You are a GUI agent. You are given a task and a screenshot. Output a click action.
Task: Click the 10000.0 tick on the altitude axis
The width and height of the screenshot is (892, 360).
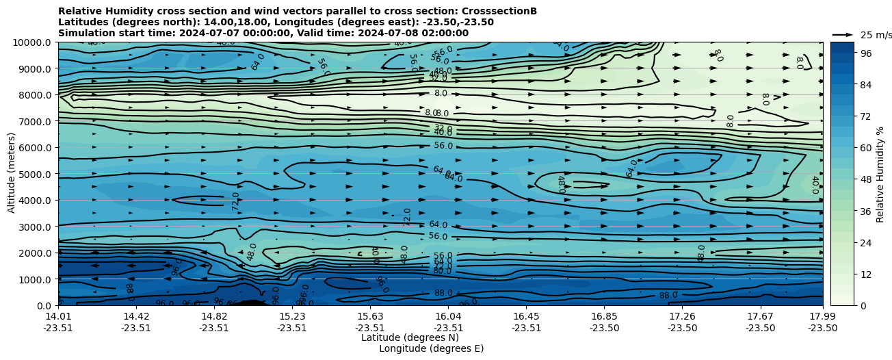click(34, 42)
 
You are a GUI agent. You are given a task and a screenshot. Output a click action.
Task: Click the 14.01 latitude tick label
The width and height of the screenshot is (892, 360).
click(58, 316)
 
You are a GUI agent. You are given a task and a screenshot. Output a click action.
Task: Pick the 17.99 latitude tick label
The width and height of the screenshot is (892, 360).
click(822, 316)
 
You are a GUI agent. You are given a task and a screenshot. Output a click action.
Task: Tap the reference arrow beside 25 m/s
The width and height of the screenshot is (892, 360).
click(843, 34)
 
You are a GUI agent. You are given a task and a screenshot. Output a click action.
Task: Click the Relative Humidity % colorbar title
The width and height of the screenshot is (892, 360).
click(880, 174)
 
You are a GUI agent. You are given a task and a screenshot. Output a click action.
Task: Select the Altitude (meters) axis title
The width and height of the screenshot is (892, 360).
click(12, 174)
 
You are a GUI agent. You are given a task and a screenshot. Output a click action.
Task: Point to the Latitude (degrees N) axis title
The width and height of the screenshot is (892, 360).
click(410, 337)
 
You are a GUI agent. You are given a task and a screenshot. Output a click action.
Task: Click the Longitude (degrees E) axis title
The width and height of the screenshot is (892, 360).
click(431, 348)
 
